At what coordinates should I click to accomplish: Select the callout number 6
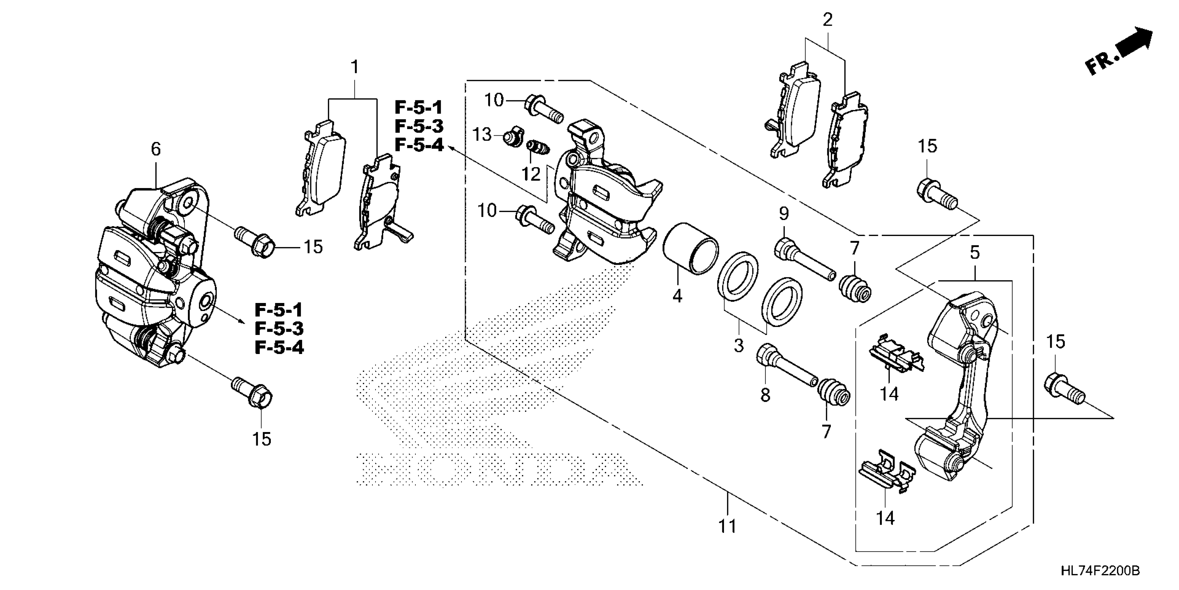coord(156,149)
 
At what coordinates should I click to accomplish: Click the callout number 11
coord(727,526)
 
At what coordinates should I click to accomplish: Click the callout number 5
coord(974,252)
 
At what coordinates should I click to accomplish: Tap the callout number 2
coord(827,20)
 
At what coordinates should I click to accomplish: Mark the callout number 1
coord(354,67)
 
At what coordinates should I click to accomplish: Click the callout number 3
coord(738,345)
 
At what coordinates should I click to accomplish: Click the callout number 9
coord(784,213)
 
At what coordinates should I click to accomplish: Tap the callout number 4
coord(677,296)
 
